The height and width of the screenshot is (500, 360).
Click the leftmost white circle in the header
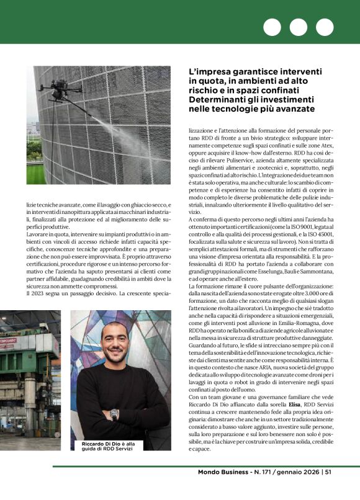click(272, 27)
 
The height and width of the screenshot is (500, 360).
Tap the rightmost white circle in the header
click(324, 27)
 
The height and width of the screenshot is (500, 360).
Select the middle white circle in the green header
click(298, 27)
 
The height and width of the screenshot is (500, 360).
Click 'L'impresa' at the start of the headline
click(210, 72)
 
